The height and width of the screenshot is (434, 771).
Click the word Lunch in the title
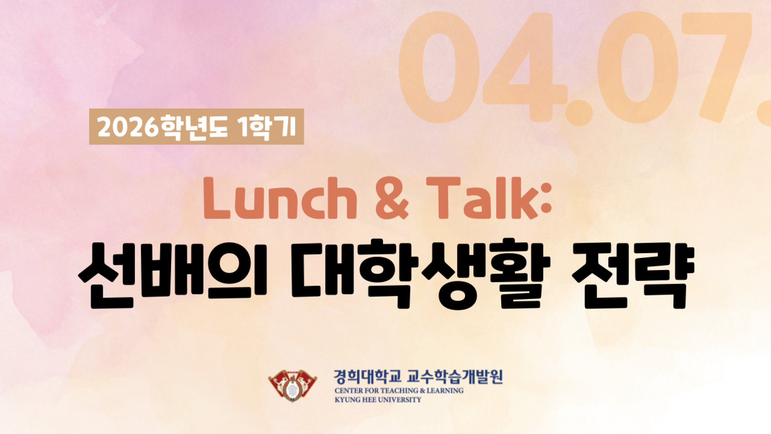(280, 198)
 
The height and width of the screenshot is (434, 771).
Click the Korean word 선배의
(173, 274)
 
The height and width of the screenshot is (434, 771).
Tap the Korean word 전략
(633, 274)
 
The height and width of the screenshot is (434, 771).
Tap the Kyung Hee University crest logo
(292, 385)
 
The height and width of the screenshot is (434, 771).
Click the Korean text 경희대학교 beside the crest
(367, 377)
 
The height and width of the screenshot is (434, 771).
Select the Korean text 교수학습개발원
(455, 377)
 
